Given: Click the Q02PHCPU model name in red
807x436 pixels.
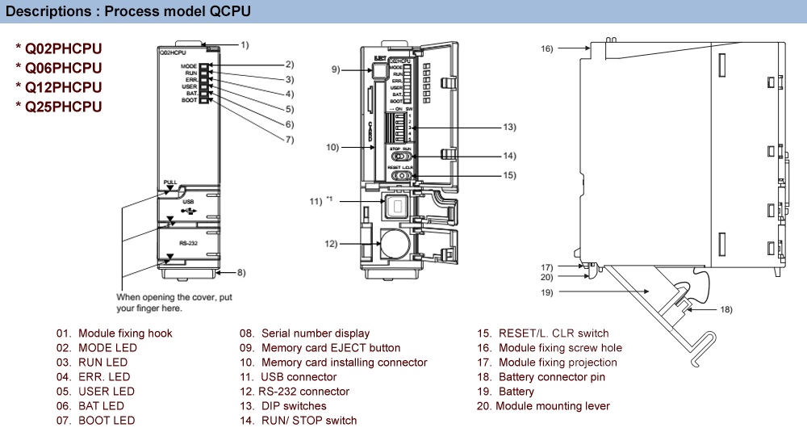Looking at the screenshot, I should click(63, 48).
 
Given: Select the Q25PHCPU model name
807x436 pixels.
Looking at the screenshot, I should click(63, 107).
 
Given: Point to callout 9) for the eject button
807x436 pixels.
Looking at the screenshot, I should click(336, 70).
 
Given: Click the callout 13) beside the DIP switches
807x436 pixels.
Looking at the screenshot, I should click(508, 128).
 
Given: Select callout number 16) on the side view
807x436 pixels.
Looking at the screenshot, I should click(546, 49).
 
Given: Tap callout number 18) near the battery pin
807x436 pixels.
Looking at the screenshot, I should click(726, 310).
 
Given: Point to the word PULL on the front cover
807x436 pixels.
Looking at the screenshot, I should click(169, 182).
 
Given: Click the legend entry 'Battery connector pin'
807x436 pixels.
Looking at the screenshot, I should click(551, 377).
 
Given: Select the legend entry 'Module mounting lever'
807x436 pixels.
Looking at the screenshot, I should click(552, 406).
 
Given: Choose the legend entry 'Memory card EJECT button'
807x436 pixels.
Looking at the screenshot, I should click(330, 348).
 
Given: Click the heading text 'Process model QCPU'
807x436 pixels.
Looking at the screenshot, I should click(178, 11).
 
